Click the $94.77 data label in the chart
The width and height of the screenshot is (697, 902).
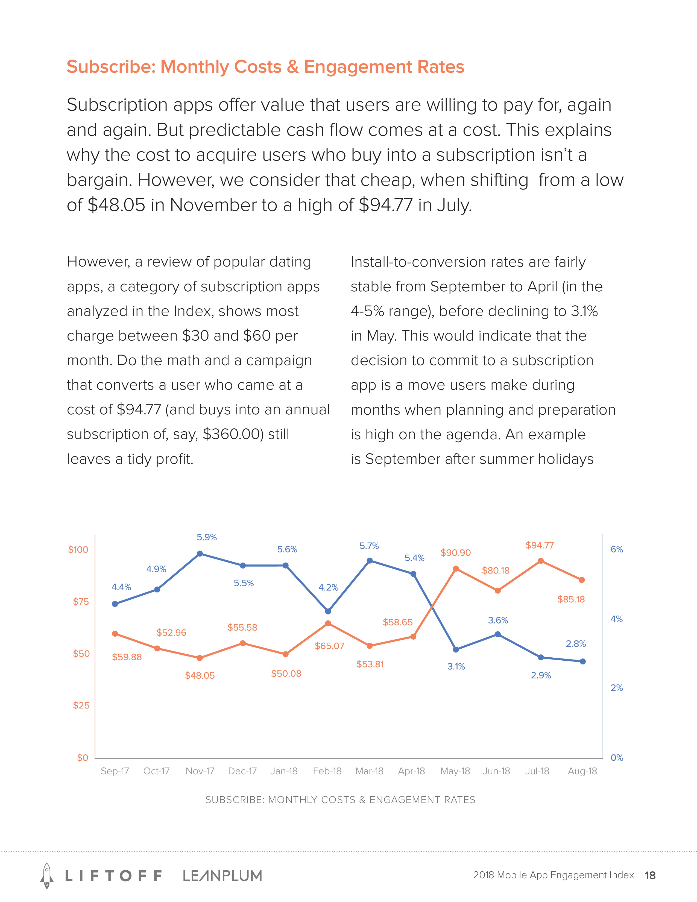coord(539,545)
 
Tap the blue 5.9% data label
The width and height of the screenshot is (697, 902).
coord(206,537)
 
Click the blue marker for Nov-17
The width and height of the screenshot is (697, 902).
coord(200,553)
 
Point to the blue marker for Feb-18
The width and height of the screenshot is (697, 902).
coord(328,611)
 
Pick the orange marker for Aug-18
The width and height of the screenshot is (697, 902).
coord(582,580)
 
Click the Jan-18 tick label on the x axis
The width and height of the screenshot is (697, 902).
coord(284,771)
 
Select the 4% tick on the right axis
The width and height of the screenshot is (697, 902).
coord(616,619)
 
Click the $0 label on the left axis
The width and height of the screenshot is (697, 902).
coord(83,757)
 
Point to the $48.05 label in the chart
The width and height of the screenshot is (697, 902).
coord(200,675)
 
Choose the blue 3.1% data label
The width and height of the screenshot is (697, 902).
coord(456,666)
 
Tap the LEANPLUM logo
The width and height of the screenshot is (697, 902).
coord(222,875)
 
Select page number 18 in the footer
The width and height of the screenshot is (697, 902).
coord(650,875)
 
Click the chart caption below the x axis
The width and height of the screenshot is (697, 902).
coord(340,799)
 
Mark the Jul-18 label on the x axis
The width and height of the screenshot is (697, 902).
coord(537,771)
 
